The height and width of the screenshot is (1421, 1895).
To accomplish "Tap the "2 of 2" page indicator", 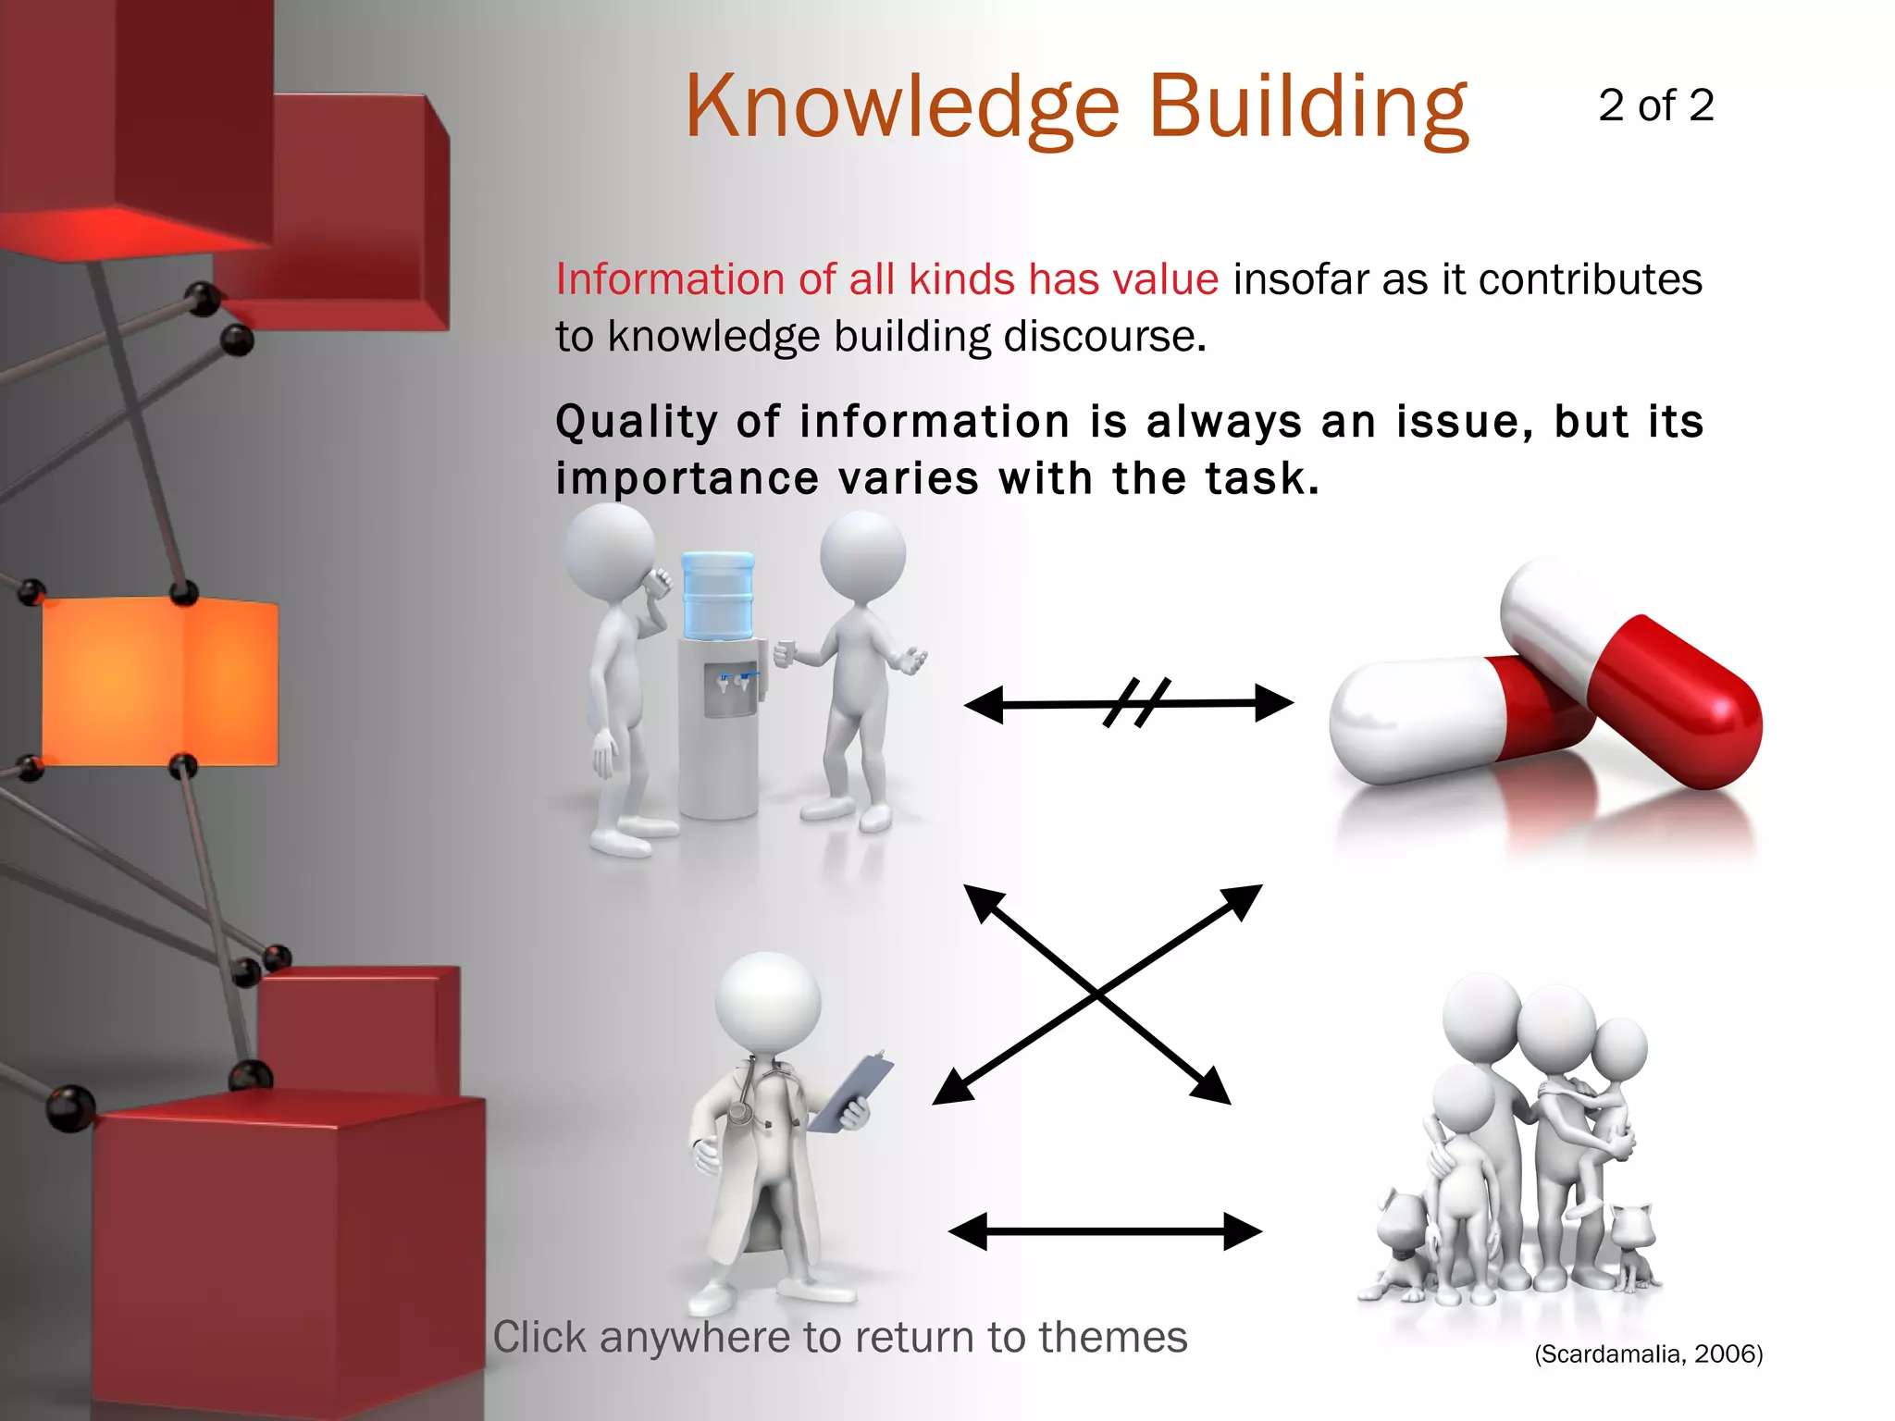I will [1655, 105].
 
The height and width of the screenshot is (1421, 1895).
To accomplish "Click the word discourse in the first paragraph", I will [1105, 337].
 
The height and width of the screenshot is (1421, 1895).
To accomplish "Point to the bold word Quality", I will [636, 423].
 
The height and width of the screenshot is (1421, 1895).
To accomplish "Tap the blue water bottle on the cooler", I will [717, 594].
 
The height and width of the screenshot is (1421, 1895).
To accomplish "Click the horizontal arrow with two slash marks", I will [1129, 704].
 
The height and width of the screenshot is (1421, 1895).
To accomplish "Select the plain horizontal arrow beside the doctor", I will [1105, 1231].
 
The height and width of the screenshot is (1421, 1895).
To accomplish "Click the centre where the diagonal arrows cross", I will [1097, 995].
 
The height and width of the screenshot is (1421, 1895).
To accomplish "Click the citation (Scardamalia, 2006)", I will [1648, 1354].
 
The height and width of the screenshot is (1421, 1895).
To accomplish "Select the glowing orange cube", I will [159, 682].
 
